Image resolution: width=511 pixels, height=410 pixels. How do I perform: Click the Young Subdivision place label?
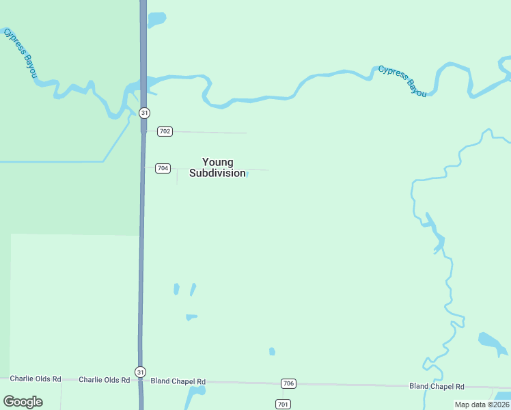click(217, 167)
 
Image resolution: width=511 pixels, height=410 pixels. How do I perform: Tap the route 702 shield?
click(165, 131)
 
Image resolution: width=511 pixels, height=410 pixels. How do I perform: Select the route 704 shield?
click(163, 168)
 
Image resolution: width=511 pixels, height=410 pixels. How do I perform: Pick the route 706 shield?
click(288, 383)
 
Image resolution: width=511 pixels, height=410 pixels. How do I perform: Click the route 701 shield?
click(283, 404)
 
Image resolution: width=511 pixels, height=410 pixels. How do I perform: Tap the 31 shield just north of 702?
click(144, 112)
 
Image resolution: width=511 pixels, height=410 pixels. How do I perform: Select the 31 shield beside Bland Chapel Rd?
click(140, 372)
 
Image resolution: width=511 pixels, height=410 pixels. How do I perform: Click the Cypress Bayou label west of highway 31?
click(19, 53)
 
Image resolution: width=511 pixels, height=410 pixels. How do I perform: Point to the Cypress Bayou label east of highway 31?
click(402, 81)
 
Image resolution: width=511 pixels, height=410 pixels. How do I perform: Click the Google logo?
click(23, 402)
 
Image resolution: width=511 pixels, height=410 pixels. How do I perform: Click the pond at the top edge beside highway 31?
click(156, 18)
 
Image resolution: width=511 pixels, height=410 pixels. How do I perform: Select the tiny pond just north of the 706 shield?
click(272, 351)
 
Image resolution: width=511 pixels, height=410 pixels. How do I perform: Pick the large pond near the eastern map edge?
click(490, 342)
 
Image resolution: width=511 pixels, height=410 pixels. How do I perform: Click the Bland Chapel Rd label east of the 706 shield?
click(437, 386)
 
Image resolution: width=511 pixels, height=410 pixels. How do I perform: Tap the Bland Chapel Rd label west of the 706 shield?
click(178, 381)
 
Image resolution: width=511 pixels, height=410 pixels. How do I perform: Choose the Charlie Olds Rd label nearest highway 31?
click(104, 379)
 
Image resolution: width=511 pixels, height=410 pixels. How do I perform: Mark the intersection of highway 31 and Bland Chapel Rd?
click(141, 381)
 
